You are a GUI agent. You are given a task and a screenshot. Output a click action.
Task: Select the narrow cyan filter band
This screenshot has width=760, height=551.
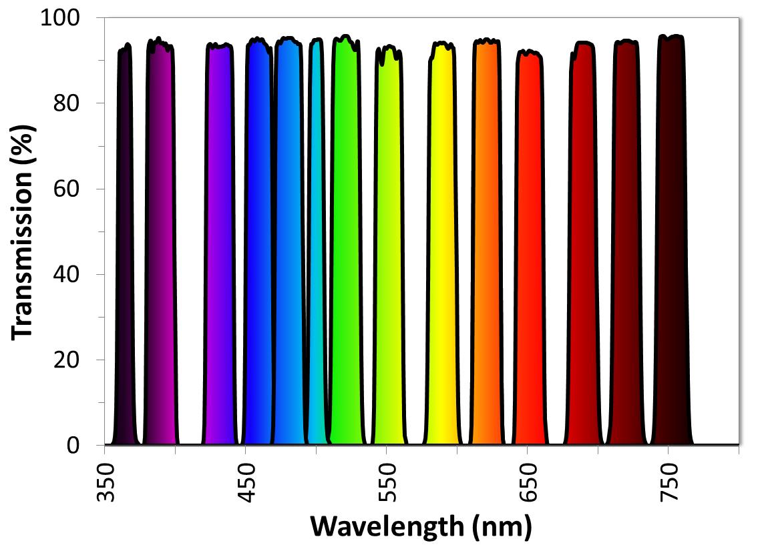317,247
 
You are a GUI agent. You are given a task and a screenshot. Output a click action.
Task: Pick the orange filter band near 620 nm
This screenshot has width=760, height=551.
487,247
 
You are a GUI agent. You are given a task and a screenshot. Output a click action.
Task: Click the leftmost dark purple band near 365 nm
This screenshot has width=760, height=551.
124,247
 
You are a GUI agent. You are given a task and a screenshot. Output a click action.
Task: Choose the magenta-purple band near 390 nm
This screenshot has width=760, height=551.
160,247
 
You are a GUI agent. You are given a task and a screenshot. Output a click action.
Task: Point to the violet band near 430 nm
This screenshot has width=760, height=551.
219,247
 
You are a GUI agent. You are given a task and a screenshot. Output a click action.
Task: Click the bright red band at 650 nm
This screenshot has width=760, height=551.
530,247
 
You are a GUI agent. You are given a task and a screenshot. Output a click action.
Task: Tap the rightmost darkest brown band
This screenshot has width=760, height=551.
671,247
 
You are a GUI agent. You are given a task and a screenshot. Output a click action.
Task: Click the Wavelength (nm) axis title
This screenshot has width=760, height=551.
421,527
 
